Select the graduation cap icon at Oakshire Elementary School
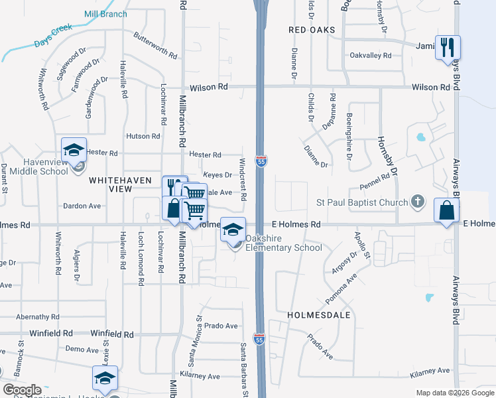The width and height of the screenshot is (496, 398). (233, 229)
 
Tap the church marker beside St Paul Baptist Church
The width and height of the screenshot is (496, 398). (417, 200)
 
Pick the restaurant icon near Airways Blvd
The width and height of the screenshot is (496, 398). (448, 47)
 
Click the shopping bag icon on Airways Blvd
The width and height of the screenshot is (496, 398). (446, 210)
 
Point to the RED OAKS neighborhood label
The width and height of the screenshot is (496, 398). (312, 31)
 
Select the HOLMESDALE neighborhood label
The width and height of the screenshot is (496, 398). (319, 315)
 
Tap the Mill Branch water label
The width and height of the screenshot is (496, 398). (106, 13)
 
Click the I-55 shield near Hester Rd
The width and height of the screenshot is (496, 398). (262, 161)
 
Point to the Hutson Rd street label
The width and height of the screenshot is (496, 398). (143, 136)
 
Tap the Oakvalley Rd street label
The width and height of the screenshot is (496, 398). (371, 55)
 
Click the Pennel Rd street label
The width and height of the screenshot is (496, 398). (374, 180)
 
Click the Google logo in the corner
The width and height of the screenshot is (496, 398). (22, 390)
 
